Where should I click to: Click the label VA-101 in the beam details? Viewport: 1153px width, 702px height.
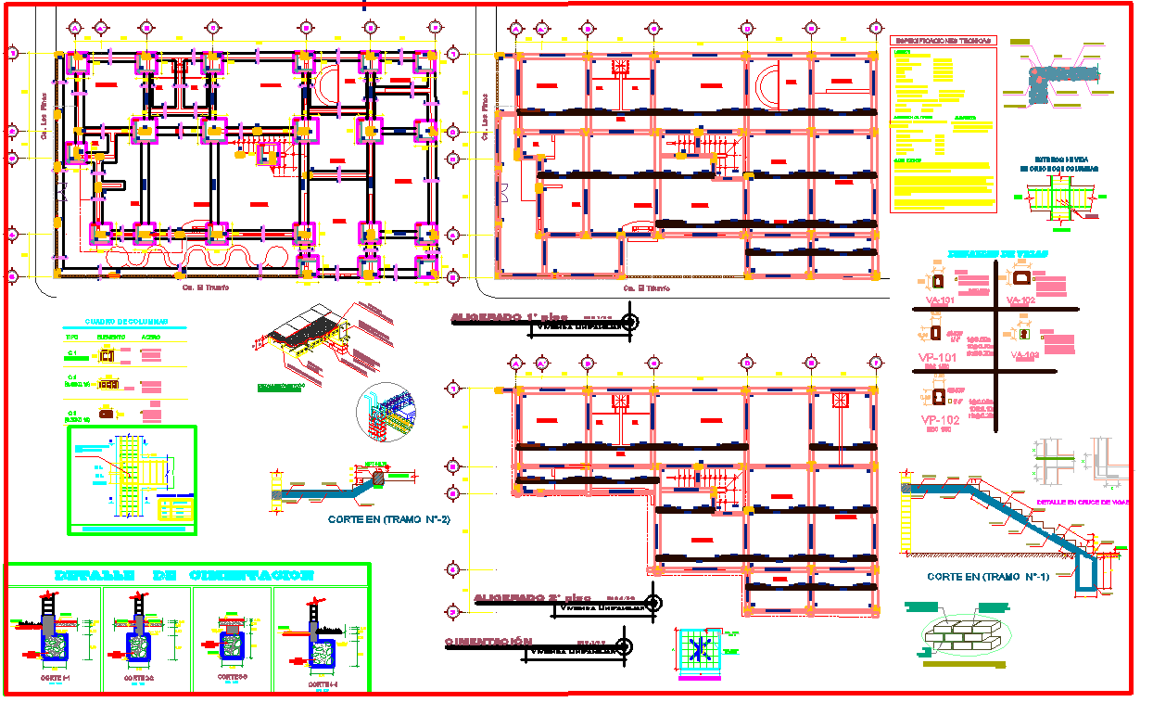coord(940,301)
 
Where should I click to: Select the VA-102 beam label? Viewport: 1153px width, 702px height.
coord(1020,301)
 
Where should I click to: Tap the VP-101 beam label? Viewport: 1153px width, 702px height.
coord(939,356)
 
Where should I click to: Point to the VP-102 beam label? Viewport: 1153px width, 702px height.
coord(939,419)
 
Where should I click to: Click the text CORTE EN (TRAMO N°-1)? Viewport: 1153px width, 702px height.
coord(988,577)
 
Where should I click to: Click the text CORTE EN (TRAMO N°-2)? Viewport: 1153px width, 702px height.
coord(388,520)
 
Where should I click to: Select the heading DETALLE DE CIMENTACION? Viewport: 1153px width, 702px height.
coord(185,575)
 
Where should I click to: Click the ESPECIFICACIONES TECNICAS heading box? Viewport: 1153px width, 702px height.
coord(942,41)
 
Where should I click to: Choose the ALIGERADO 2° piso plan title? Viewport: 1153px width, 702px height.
coord(531,598)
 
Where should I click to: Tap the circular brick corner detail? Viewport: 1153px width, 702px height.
coord(386,413)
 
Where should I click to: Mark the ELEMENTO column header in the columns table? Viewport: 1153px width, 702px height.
coord(112,337)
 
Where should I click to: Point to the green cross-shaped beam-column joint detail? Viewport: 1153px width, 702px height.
coord(1061,198)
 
